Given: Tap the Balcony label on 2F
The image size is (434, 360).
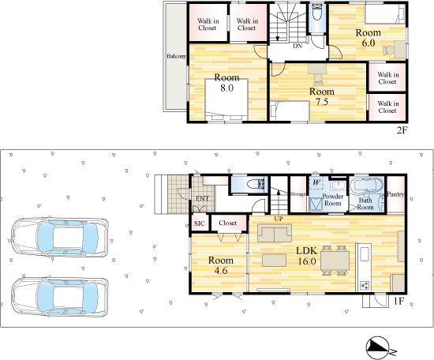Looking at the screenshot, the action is (x=176, y=56).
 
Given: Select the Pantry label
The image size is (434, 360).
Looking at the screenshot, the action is (x=395, y=194).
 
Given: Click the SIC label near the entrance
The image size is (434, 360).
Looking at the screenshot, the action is (x=200, y=223).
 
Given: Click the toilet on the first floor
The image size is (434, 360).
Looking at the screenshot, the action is (x=256, y=184).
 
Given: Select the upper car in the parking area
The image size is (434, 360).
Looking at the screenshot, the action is (x=59, y=238).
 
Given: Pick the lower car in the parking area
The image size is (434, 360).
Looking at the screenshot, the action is (x=59, y=297).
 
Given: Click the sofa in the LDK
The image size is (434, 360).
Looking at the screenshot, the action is (x=275, y=233).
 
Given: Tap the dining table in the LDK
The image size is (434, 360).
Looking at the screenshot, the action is (x=335, y=261).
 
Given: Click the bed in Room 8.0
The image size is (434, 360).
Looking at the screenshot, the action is (x=226, y=99).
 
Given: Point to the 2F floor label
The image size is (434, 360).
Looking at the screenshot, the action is (x=402, y=130).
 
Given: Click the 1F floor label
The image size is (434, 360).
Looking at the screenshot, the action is (x=398, y=302).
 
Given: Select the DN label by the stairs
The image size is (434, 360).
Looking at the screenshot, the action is (x=297, y=46).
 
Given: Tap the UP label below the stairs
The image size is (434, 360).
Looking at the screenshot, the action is (x=279, y=219).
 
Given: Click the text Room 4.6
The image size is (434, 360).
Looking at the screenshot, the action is (x=221, y=265).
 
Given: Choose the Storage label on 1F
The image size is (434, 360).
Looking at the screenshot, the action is (x=297, y=194).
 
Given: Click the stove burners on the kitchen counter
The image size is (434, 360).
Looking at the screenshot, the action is (x=365, y=285).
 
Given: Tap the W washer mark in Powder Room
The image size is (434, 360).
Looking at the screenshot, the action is (x=316, y=183).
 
